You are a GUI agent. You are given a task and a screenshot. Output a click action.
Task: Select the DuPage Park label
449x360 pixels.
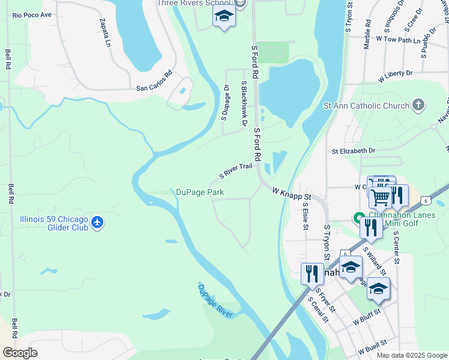click(x=200, y=192)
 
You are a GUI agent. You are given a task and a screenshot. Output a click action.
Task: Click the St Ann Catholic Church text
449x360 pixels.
click(x=366, y=106)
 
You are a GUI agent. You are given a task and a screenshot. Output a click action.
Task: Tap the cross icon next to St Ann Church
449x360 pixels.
click(x=418, y=106)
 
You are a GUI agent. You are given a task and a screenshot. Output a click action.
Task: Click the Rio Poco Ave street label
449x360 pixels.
click(x=32, y=14)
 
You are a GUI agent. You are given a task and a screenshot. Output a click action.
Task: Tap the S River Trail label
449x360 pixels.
click(x=237, y=172)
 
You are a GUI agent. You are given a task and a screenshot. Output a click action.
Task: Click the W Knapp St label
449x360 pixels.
click(x=292, y=194)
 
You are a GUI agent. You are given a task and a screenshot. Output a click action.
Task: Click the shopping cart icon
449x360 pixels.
click(x=379, y=197)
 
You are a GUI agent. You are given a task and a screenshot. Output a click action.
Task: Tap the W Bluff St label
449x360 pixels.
click(x=367, y=319)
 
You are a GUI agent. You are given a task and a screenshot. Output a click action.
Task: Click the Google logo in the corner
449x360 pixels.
click(x=20, y=353)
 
